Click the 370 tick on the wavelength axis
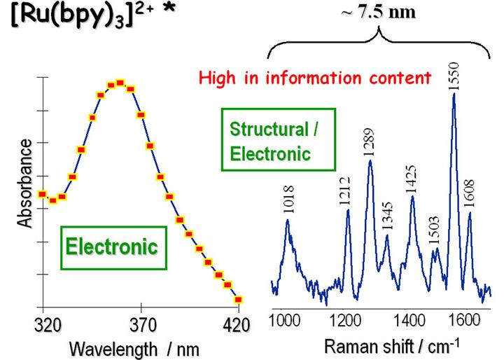tap(141, 324)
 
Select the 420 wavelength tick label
tap(239, 324)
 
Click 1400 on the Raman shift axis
tap(408, 320)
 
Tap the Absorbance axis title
tap(26, 183)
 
